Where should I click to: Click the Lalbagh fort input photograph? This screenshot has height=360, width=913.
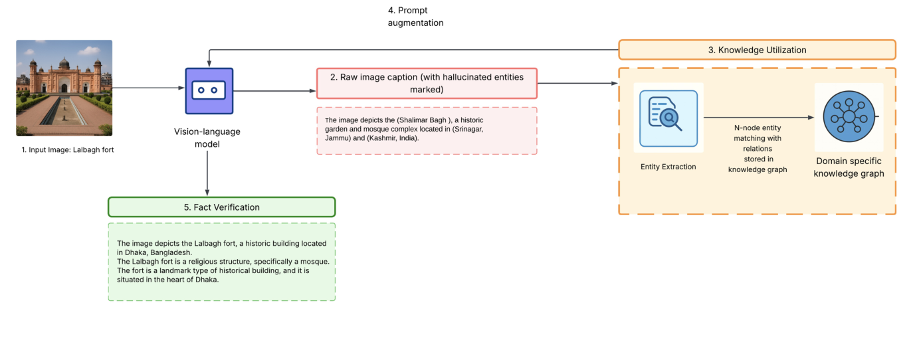[x=64, y=88]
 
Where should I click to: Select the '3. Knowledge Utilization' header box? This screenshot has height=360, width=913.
[x=757, y=50]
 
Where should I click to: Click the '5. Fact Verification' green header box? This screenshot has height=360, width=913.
[x=221, y=207]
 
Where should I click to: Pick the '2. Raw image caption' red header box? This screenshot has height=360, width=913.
[x=427, y=83]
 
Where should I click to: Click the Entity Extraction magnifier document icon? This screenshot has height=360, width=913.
[x=668, y=118]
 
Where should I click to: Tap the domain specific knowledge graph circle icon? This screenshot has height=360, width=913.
[x=848, y=117]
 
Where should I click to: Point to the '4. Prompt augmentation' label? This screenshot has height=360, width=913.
[x=415, y=17]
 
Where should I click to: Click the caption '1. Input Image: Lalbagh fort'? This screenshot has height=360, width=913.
[x=68, y=150]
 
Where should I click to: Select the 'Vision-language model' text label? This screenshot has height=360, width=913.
[x=208, y=137]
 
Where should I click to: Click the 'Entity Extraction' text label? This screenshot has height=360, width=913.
[x=668, y=167]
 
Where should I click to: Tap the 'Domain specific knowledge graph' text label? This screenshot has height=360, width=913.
[x=849, y=167]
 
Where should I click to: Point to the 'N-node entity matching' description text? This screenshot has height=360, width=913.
[x=757, y=149]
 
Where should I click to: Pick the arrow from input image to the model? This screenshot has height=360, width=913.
[x=148, y=88]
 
